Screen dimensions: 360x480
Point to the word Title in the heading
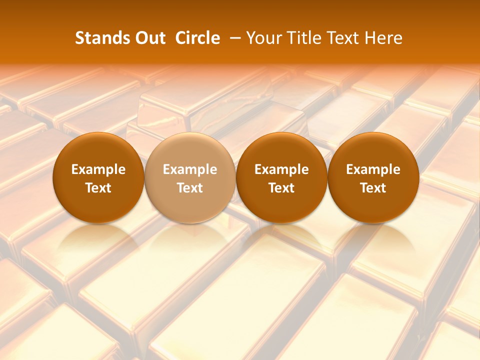[x=302, y=38]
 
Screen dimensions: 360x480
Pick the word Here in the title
[x=384, y=38]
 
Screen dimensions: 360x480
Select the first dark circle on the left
[x=98, y=150]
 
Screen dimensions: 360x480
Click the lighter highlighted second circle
[x=190, y=150]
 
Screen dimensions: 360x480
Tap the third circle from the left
[x=281, y=150]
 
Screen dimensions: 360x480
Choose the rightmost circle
[x=373, y=150]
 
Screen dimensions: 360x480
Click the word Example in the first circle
[x=98, y=169]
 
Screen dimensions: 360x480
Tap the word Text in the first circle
[x=98, y=188]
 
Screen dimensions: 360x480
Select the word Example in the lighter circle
[x=190, y=169]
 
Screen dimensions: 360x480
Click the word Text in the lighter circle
[x=190, y=188]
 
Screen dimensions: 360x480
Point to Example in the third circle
[x=281, y=169]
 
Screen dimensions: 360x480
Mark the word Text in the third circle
[x=281, y=188]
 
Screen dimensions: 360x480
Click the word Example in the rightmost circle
[x=373, y=169]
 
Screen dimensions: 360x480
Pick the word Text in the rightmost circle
[x=373, y=188]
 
